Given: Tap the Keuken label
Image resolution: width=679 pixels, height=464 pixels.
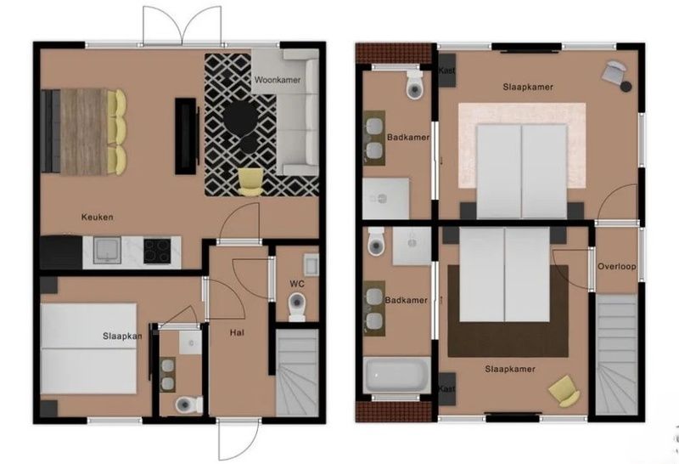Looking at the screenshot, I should (x=97, y=218).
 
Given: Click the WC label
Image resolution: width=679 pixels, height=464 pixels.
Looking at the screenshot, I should (x=296, y=283).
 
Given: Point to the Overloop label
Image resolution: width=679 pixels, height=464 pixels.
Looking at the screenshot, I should (x=615, y=266).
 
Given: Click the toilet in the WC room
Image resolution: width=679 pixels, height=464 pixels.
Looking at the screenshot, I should (x=297, y=306).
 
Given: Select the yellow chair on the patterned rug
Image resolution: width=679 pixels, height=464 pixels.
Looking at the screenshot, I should (x=250, y=180).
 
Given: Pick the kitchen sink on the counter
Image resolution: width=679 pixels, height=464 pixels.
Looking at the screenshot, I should (x=108, y=248).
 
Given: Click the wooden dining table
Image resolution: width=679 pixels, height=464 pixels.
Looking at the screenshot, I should (x=84, y=131).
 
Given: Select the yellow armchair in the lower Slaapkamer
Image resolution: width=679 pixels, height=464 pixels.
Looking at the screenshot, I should (x=564, y=391).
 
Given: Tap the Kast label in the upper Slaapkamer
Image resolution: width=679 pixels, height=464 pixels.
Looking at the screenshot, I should (x=446, y=71).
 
